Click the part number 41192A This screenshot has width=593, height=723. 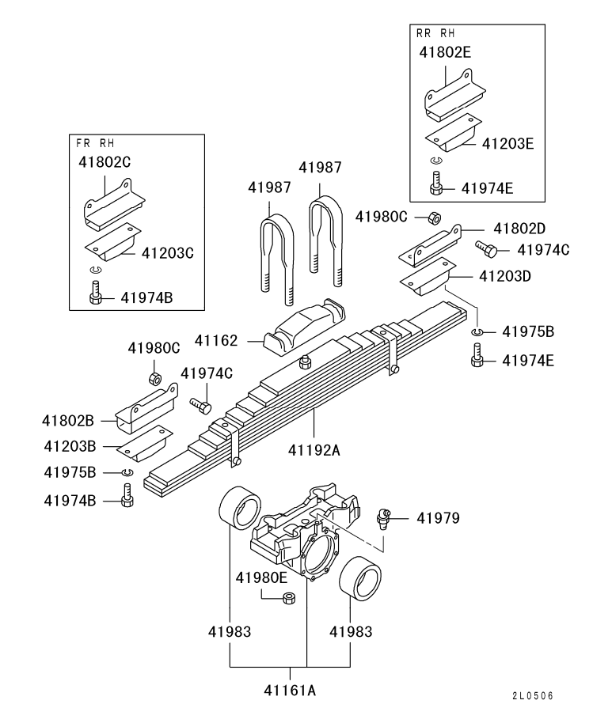[x=314, y=449]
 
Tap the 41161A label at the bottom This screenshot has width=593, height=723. [x=291, y=691]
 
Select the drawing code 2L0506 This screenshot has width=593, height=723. [x=533, y=696]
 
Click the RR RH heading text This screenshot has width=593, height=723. [x=435, y=33]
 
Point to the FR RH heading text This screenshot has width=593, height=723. [x=95, y=143]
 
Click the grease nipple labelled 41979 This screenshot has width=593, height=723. [x=383, y=519]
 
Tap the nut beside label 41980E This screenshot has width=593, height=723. [x=289, y=599]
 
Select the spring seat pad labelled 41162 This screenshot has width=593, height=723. [x=306, y=327]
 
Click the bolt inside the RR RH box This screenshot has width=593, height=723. [x=435, y=183]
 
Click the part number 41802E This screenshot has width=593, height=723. [x=445, y=52]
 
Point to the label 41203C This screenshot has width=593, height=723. [x=168, y=253]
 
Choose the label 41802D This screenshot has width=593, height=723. [x=519, y=229]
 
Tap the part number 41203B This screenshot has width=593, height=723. [x=70, y=446]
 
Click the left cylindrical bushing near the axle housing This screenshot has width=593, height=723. [x=240, y=508]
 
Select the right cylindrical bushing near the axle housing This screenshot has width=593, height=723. [x=360, y=577]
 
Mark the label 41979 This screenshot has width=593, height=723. [x=439, y=518]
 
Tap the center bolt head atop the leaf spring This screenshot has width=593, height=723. [x=304, y=362]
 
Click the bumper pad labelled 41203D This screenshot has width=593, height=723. [x=428, y=276]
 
